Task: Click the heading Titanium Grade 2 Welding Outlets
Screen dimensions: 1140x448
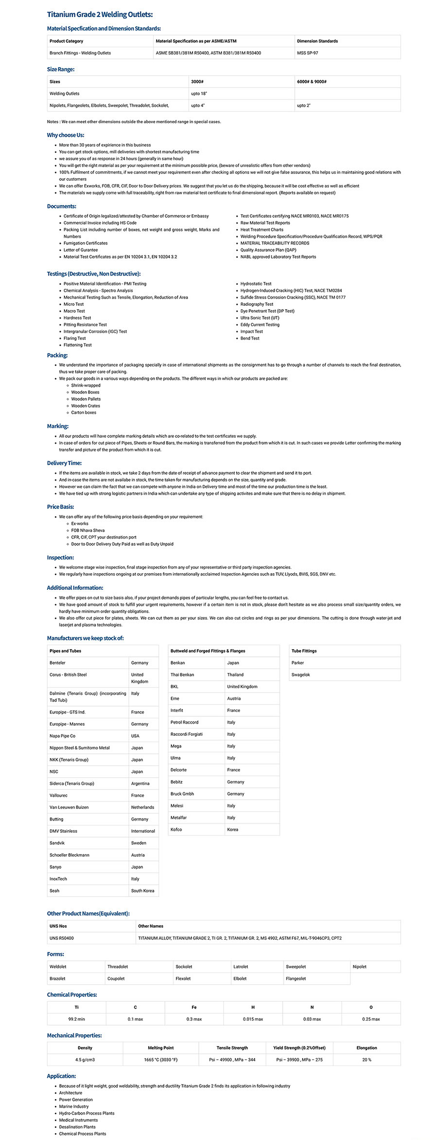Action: click(x=99, y=15)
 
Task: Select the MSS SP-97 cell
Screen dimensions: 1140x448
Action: click(x=307, y=53)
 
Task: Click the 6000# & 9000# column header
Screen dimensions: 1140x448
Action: click(x=312, y=82)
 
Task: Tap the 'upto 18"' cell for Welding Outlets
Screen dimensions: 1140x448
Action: click(x=199, y=93)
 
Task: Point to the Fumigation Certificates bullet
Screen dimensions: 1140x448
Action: click(x=85, y=243)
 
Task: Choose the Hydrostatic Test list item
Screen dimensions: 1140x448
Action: click(x=256, y=283)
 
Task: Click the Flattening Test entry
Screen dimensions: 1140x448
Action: click(x=77, y=345)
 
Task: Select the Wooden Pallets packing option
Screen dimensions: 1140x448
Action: click(x=86, y=399)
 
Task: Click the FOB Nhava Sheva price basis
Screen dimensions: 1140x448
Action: click(x=88, y=530)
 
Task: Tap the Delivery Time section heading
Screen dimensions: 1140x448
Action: click(x=64, y=463)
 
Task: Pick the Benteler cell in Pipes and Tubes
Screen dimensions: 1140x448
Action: click(x=57, y=663)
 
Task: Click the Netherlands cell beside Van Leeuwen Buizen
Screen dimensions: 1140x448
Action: click(x=142, y=807)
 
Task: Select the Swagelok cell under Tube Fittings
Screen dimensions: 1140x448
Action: click(x=300, y=674)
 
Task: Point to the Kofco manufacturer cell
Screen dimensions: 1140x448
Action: click(x=176, y=829)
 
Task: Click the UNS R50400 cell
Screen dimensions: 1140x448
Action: click(x=61, y=938)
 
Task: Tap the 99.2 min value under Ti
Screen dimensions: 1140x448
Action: click(x=76, y=1019)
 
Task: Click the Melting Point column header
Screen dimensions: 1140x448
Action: click(x=161, y=1047)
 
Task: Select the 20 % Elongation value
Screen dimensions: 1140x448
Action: click(x=366, y=1060)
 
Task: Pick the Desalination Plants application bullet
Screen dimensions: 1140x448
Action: click(x=77, y=1127)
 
